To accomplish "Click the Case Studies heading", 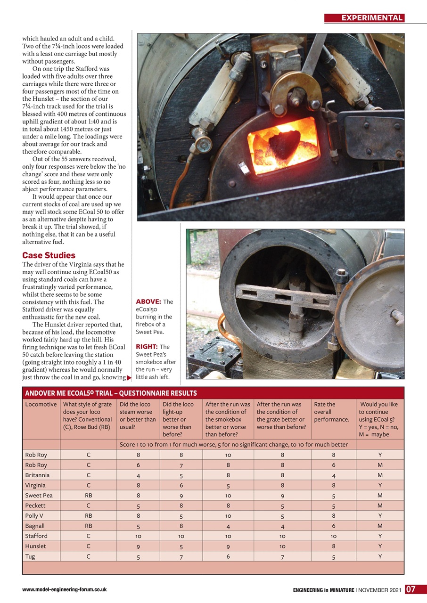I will pos(49,255).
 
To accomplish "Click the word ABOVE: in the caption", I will pos(148,301).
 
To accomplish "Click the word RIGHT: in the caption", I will pos(147,347).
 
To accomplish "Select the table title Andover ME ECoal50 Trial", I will pos(111,393).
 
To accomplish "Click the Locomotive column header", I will pos(41,404).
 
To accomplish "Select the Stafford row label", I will pos(36,536).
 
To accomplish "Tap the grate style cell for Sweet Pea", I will pos(88,496).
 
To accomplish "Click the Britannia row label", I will pos(37,475).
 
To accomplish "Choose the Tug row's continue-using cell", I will pos(380,557).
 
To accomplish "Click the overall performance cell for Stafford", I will pos(333,537).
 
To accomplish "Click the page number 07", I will pos(410,589).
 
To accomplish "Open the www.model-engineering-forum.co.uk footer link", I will pos(65,589).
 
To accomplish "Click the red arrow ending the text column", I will pos(129,377).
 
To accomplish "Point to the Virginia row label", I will pos(36,485).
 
